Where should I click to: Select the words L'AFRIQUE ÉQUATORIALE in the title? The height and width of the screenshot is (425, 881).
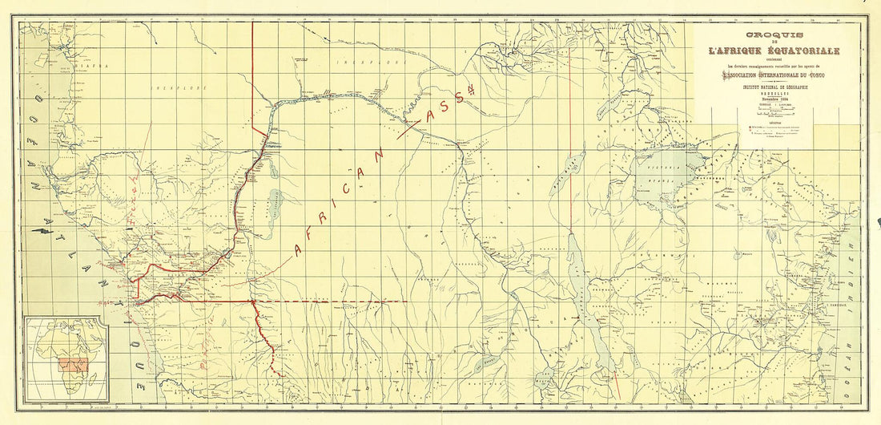click(x=774, y=51)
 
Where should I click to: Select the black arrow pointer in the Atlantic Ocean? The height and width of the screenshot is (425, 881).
click(x=37, y=231)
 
